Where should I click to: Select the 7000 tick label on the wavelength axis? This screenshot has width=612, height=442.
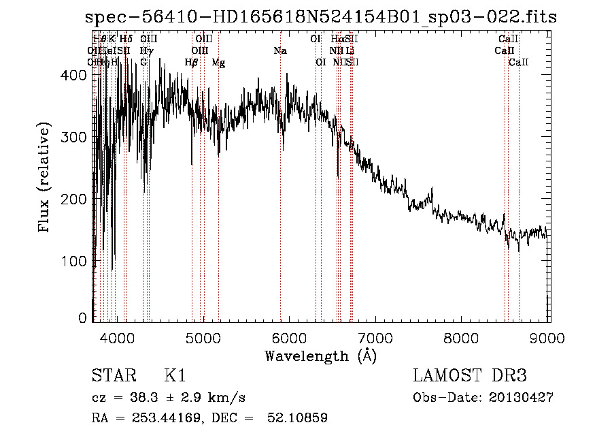tap(376, 338)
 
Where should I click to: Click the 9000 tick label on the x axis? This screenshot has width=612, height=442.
tap(549, 338)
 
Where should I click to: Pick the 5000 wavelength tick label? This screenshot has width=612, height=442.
tap(203, 338)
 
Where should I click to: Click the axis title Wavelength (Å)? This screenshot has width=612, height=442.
tap(320, 356)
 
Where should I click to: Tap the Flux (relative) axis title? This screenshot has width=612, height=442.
tap(46, 178)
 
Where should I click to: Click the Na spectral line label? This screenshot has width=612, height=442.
tap(280, 51)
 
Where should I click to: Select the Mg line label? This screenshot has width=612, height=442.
tap(219, 63)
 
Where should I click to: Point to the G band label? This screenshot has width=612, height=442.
tap(143, 63)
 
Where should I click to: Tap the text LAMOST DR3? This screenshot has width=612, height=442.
tap(470, 377)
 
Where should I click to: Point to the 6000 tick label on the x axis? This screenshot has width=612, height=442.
tap(290, 338)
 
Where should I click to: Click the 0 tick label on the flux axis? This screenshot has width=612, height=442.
tap(83, 317)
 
